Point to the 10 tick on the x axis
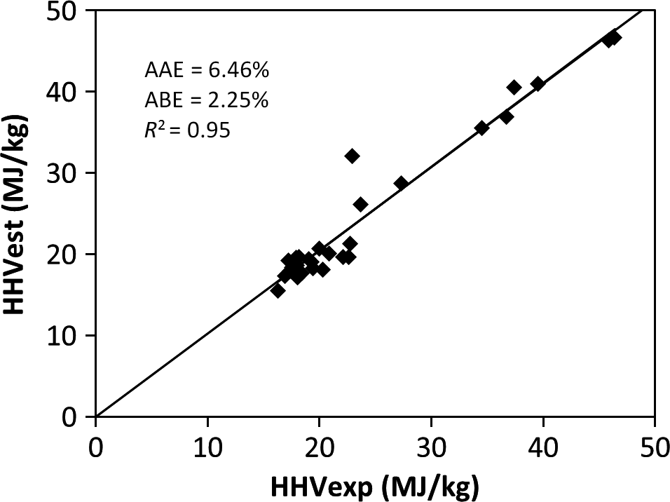point(207,445)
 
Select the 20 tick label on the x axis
point(319,445)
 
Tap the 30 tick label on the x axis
point(431,445)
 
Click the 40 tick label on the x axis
point(543,445)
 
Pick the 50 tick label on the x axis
point(654,445)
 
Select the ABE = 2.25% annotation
point(207,100)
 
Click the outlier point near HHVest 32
point(353,156)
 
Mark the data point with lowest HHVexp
point(278,290)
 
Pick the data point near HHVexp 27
point(401,183)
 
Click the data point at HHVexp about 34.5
point(481,128)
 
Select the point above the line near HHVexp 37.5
point(514,87)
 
